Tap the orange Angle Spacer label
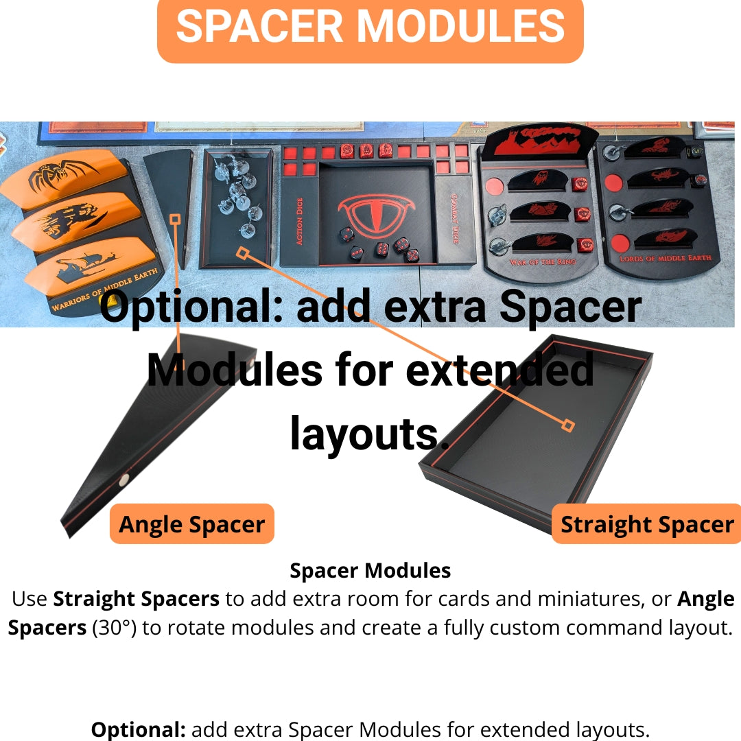[192, 524]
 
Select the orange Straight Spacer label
[646, 524]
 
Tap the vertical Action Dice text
[299, 221]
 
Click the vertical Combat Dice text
[455, 218]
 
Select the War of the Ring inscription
[543, 262]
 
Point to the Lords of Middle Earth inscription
[665, 258]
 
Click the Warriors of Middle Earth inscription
[104, 290]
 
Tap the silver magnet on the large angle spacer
[123, 480]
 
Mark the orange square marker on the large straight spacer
[568, 425]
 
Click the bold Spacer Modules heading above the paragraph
[370, 570]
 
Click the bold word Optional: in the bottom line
[138, 729]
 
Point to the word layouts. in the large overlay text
[370, 434]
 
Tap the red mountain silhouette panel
[540, 140]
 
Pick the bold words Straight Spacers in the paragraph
[136, 599]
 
